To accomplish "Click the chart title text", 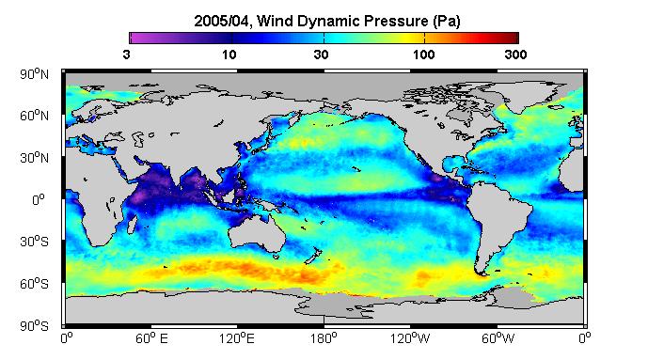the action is click(327, 21).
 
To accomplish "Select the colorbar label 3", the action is click(126, 55).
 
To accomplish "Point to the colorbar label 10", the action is click(229, 55).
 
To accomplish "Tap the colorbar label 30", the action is click(321, 55).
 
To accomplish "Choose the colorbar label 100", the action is click(423, 55).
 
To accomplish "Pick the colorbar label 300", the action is click(515, 55).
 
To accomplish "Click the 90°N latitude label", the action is click(34, 74).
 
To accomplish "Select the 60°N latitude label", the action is click(34, 116).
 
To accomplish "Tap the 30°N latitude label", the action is click(34, 158).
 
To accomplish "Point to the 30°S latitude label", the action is click(34, 242).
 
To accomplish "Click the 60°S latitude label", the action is click(34, 284).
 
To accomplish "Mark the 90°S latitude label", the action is click(34, 326).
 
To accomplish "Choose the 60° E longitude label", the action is click(151, 338).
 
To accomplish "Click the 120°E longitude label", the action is click(237, 338).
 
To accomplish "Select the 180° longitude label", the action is click(324, 338).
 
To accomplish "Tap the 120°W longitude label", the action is click(410, 338).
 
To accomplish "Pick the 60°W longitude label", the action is click(498, 338).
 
